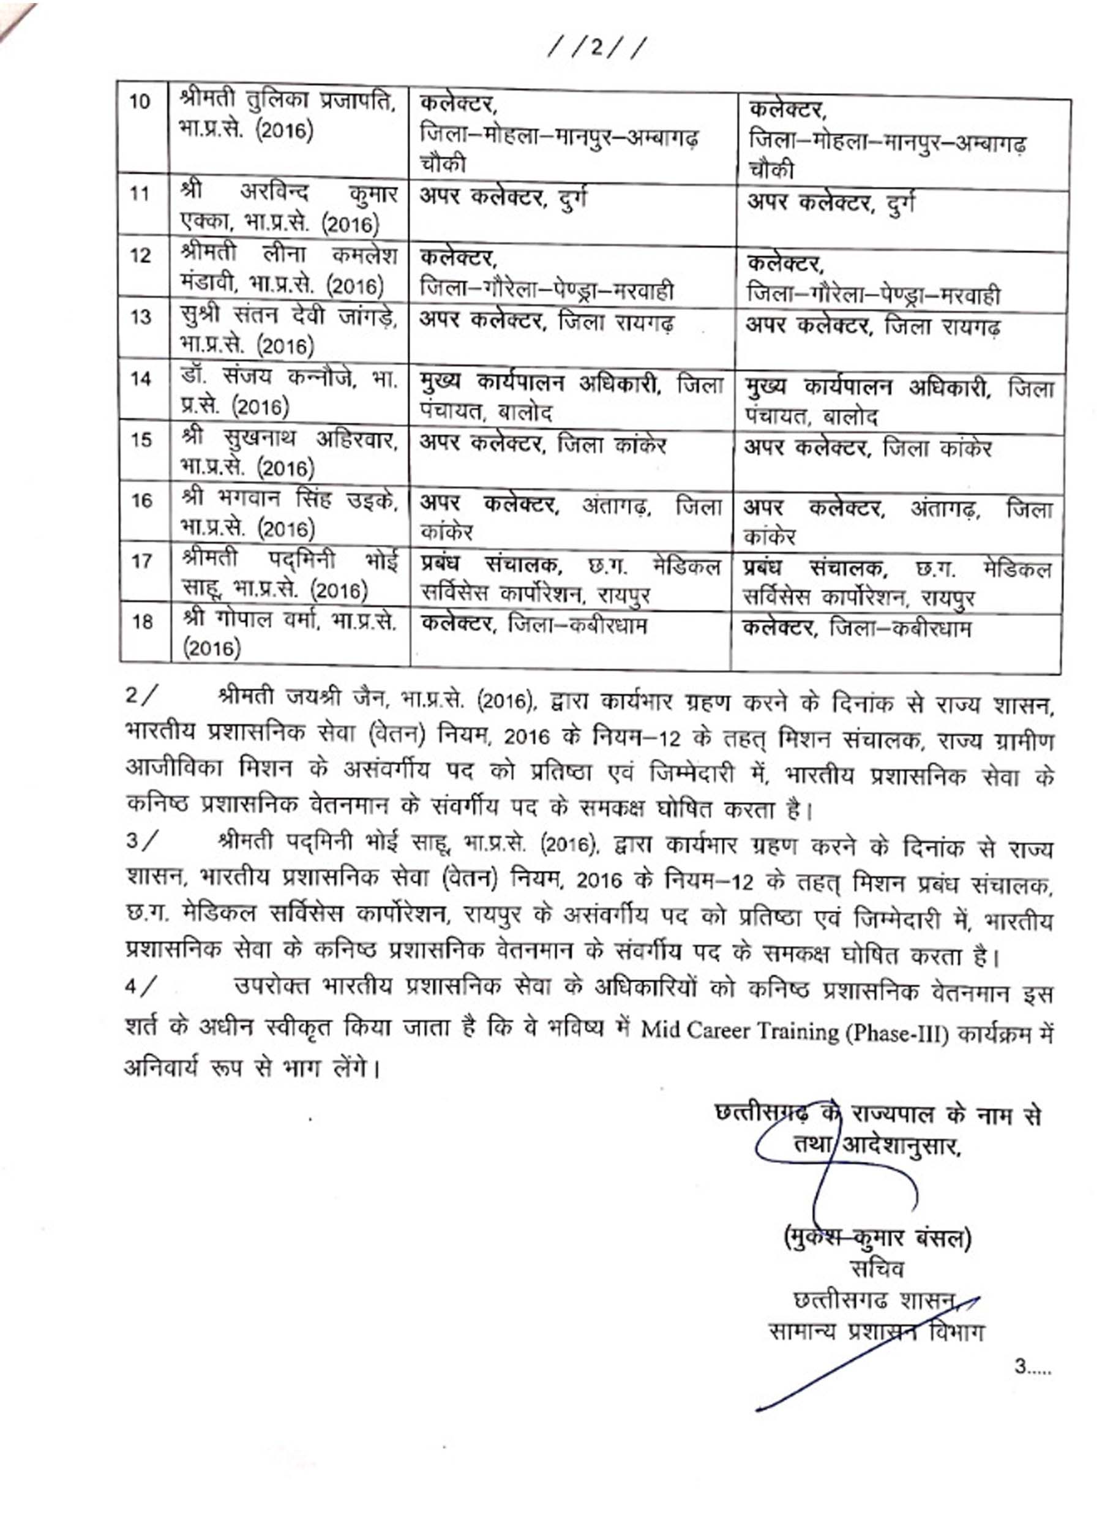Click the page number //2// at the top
596,50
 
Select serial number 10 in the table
140,102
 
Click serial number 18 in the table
141,621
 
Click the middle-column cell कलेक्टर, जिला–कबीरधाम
534,624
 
